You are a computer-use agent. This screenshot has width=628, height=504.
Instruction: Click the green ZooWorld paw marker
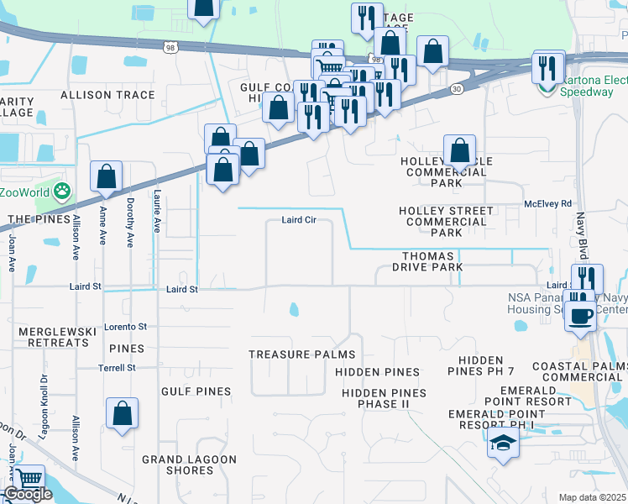pos(62,192)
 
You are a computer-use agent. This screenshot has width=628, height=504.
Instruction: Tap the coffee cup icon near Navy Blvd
pos(581,315)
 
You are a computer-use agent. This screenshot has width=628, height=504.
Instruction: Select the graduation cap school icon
pos(503,444)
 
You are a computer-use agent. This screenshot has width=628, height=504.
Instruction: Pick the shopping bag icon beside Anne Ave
pos(107,177)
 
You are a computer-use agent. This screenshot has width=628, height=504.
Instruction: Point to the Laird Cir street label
pos(298,221)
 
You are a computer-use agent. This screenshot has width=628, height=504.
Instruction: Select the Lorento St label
pos(125,327)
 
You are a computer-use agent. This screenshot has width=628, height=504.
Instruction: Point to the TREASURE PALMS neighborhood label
pos(301,355)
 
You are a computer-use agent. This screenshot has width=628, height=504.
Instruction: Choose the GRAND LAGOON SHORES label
pos(189,465)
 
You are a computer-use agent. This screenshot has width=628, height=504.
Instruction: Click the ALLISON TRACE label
pos(107,95)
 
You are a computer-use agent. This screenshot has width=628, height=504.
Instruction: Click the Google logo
pos(28,494)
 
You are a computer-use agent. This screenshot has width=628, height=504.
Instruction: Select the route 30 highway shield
pos(456,87)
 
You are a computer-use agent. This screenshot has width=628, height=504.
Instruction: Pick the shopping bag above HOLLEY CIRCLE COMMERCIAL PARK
pos(459,152)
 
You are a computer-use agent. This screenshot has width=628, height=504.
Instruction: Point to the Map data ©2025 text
pos(593,497)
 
